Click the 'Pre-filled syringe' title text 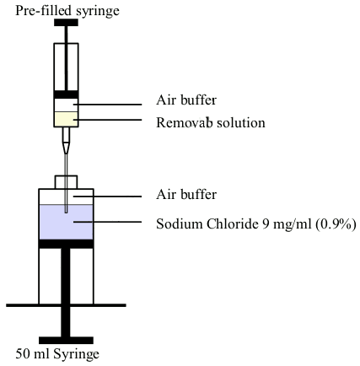point(67,11)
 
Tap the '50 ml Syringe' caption point(57,354)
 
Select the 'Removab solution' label point(211,122)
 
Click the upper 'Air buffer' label point(186,100)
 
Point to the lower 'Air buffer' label point(186,194)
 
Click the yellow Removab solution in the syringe point(66,119)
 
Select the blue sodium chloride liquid point(66,222)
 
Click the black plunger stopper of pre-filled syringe point(66,94)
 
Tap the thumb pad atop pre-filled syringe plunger point(66,23)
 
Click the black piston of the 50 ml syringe point(66,244)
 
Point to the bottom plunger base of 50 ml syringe point(66,341)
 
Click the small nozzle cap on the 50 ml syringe point(66,182)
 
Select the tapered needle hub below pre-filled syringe point(66,141)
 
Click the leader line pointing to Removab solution point(108,120)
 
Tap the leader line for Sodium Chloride point(108,222)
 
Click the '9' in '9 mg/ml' point(266,224)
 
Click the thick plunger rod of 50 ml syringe point(66,293)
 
